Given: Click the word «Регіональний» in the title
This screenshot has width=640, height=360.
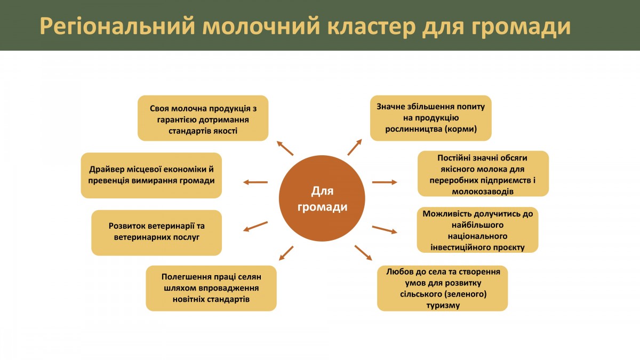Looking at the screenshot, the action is [117, 26].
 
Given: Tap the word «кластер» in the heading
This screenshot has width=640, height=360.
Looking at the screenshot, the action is [371, 26].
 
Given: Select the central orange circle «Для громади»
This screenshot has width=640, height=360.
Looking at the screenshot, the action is [322, 198].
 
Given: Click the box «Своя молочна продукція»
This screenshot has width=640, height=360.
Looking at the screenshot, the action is [203, 118].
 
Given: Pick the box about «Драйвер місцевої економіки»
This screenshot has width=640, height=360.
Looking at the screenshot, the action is [151, 175].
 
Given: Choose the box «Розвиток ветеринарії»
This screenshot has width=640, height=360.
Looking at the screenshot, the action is [157, 233].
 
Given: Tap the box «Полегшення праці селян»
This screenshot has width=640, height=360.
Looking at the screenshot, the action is [211, 289].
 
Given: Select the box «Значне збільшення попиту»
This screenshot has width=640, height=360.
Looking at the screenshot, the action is [431, 118].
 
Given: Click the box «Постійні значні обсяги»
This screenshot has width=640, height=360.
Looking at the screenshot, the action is [483, 174].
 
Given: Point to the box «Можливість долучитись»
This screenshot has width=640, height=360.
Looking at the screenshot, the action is [478, 230].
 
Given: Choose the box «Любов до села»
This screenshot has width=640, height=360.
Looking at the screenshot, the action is [443, 289].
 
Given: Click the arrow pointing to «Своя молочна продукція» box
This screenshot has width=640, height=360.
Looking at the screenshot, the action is [285, 148].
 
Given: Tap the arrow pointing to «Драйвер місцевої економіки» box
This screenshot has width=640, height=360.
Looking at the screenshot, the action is [255, 182].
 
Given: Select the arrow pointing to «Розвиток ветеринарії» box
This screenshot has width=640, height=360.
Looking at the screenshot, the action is [255, 226].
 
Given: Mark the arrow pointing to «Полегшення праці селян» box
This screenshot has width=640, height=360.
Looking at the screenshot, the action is [286, 253].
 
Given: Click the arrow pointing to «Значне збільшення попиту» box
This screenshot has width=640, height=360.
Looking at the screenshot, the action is [355, 147].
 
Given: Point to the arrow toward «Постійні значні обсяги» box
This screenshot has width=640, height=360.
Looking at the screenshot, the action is [385, 182].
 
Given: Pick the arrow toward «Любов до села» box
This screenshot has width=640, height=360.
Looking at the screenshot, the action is [363, 253].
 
